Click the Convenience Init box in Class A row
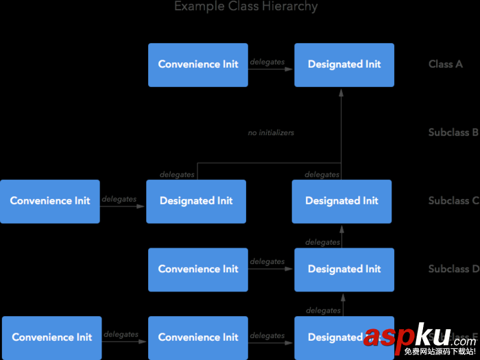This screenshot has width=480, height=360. (x=198, y=64)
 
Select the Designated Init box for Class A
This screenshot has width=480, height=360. (x=344, y=64)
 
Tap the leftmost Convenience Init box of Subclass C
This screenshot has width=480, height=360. (x=50, y=201)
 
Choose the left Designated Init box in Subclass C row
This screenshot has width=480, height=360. (x=196, y=201)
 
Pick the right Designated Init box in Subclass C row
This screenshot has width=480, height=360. (x=341, y=201)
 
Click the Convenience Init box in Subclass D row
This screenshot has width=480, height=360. (x=198, y=269)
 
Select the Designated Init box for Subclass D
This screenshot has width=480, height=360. (x=344, y=269)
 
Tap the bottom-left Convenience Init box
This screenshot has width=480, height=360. (x=52, y=337)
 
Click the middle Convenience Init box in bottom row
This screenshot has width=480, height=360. (x=198, y=337)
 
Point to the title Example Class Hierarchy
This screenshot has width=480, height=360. (x=246, y=7)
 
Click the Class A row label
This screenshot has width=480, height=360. (x=446, y=64)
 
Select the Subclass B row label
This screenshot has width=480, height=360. (x=453, y=132)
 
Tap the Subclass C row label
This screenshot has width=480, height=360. (x=453, y=201)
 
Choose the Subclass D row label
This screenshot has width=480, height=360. (x=453, y=269)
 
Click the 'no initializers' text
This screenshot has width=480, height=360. (x=271, y=132)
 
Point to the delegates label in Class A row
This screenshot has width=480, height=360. (x=267, y=62)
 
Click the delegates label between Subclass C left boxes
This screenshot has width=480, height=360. (x=119, y=199)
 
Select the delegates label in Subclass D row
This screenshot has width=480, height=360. (x=267, y=261)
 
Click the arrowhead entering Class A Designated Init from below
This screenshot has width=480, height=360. (x=341, y=91)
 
